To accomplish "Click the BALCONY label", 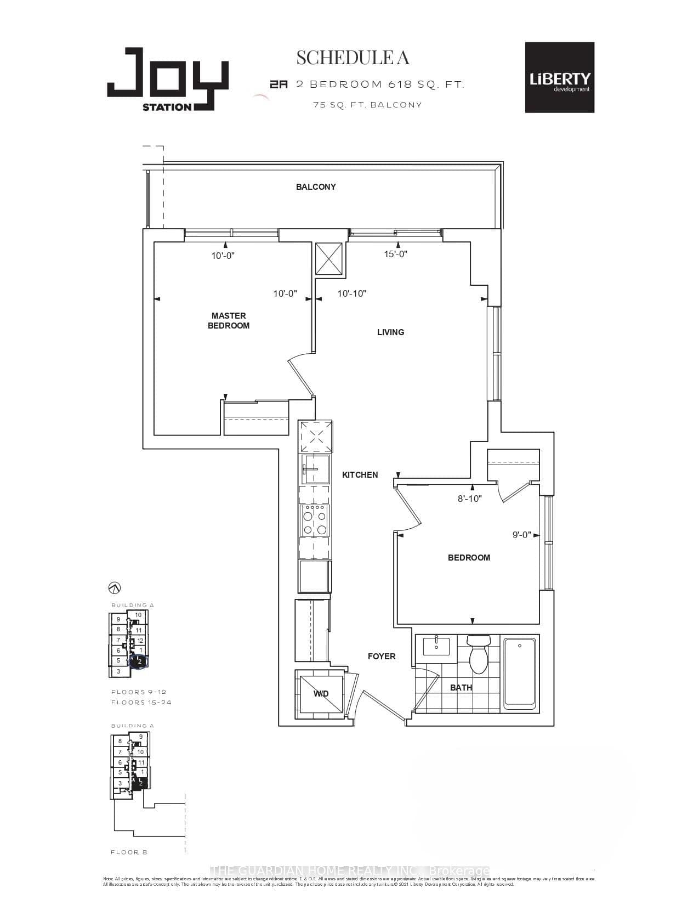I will pyautogui.click(x=316, y=187).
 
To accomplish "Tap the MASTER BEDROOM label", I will pyautogui.click(x=229, y=320).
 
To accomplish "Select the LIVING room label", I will pyautogui.click(x=390, y=332).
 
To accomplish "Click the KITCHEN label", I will pyautogui.click(x=360, y=474).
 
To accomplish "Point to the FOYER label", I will pyautogui.click(x=382, y=656).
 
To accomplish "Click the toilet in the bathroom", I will pyautogui.click(x=478, y=655).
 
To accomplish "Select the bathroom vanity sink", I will pyautogui.click(x=436, y=646).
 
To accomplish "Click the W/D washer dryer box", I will pyautogui.click(x=320, y=694).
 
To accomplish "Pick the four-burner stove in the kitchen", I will pyautogui.click(x=315, y=521).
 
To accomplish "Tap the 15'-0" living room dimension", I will pyautogui.click(x=396, y=254).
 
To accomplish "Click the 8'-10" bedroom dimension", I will pyautogui.click(x=470, y=499).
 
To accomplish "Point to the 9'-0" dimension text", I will pyautogui.click(x=521, y=535).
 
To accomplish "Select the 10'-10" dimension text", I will pyautogui.click(x=351, y=293).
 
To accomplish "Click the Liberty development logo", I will pyautogui.click(x=559, y=77).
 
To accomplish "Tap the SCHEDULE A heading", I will pyautogui.click(x=353, y=58).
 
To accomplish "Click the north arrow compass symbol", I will pyautogui.click(x=115, y=588).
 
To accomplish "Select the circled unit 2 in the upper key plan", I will pyautogui.click(x=139, y=661).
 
